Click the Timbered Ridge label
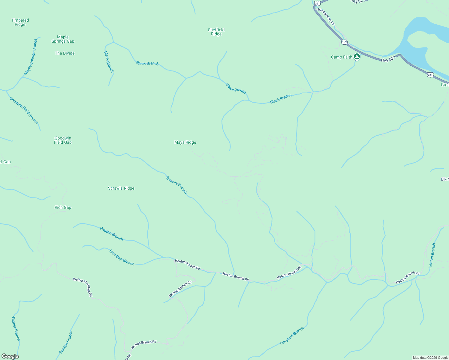point(20,22)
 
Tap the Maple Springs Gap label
point(63,39)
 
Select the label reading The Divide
point(65,53)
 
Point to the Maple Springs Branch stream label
point(31,57)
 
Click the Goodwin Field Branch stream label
point(24,110)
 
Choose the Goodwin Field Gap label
point(63,140)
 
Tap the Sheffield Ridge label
point(216,32)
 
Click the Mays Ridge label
point(185,142)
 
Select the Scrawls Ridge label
point(121,188)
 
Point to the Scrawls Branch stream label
point(176,185)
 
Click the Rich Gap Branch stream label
point(122,257)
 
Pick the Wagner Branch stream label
point(16,328)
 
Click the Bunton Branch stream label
point(66,342)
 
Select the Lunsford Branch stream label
point(292,336)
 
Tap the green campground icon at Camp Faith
point(357,56)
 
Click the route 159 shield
point(344,42)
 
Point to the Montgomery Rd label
point(326,16)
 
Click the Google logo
point(10,356)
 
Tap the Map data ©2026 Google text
point(430,358)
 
